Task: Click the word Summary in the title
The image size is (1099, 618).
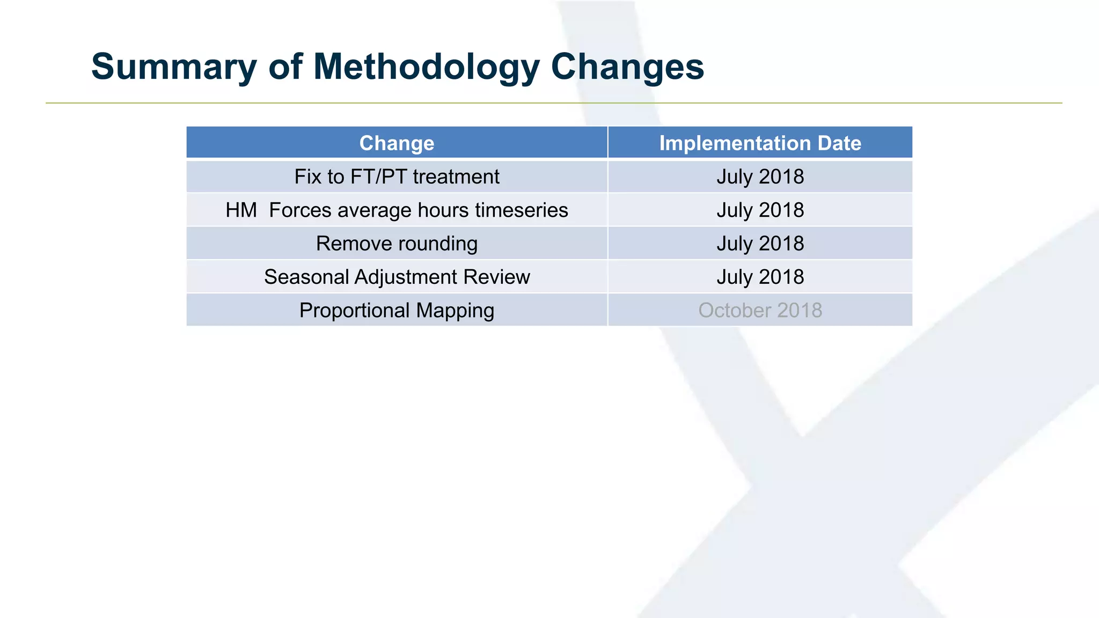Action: coord(174,67)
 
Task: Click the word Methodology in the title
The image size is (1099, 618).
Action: coord(426,67)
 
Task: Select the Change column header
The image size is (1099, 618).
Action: coord(397,143)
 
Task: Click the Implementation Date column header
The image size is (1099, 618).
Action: coord(760,143)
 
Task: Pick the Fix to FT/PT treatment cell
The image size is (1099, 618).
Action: coord(397,176)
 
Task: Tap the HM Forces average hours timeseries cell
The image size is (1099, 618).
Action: coord(397,210)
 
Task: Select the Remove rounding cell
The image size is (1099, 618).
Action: coord(397,244)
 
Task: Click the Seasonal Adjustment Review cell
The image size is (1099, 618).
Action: coord(397,277)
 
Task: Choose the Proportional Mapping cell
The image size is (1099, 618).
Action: coord(397,311)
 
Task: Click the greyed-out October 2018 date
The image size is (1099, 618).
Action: coord(760,311)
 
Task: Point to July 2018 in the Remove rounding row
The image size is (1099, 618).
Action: coord(760,244)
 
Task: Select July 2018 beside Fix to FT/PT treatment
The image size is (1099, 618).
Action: coord(760,176)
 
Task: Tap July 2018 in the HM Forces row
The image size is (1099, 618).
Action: coord(760,210)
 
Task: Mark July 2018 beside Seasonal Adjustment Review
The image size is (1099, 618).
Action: coord(760,277)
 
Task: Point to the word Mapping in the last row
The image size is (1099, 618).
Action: coord(455,311)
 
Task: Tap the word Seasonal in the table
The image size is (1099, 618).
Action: coord(306,277)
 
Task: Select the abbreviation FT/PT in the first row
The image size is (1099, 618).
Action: coord(378,176)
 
